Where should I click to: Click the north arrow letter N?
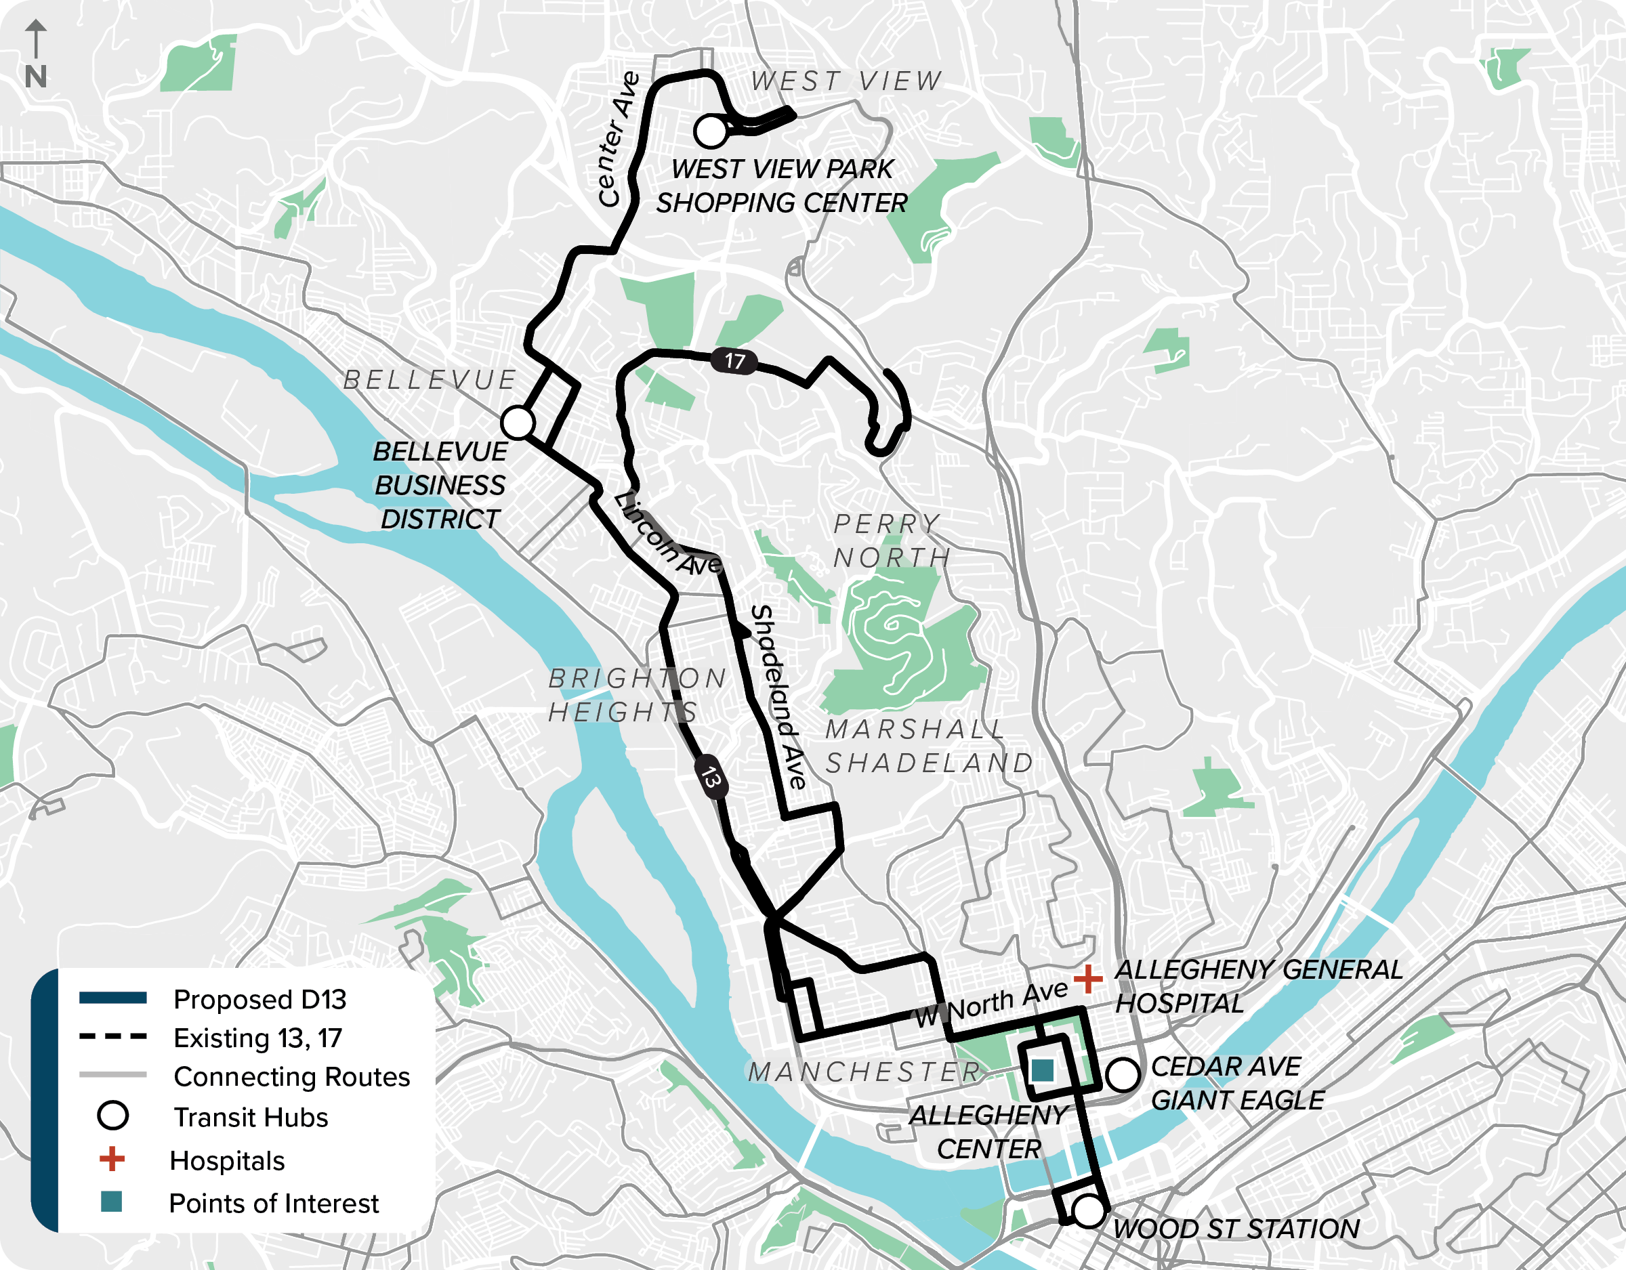pos(35,77)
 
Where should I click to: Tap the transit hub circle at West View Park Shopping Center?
pos(710,131)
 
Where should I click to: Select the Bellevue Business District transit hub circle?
pos(518,422)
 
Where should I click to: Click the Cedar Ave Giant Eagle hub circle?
pos(1122,1074)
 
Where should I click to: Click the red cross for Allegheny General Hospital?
pos(1087,979)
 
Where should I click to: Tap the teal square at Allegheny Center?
pos(1042,1070)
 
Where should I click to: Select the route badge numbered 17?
pos(734,361)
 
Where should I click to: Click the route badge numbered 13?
pos(710,778)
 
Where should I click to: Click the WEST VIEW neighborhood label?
pos(846,81)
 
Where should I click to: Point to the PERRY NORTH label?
pos(890,541)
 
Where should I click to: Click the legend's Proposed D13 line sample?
pos(113,998)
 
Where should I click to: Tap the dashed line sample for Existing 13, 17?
pos(113,1036)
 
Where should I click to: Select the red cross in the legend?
pos(112,1159)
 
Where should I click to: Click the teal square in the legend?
pos(111,1202)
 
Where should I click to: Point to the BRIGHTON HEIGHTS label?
pos(637,694)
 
